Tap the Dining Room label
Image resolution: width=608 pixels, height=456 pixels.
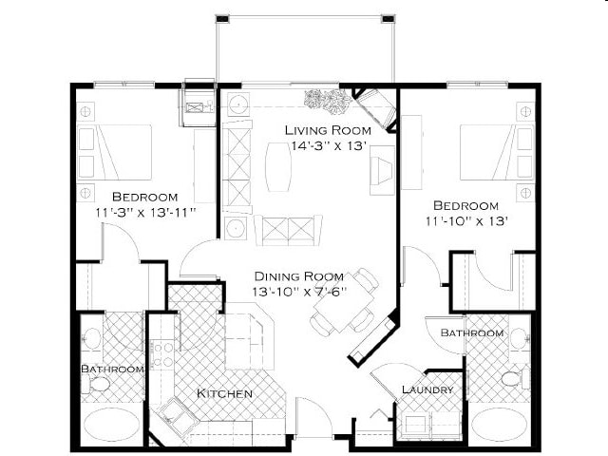298,274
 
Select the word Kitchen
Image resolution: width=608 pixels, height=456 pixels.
224,393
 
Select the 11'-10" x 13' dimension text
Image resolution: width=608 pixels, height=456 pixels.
465,221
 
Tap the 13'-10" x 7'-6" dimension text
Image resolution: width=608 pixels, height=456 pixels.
298,290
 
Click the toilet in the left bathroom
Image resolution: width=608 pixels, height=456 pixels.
98,384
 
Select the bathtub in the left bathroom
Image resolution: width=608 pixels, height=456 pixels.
111,425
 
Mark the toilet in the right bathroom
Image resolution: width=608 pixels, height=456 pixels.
512,379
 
